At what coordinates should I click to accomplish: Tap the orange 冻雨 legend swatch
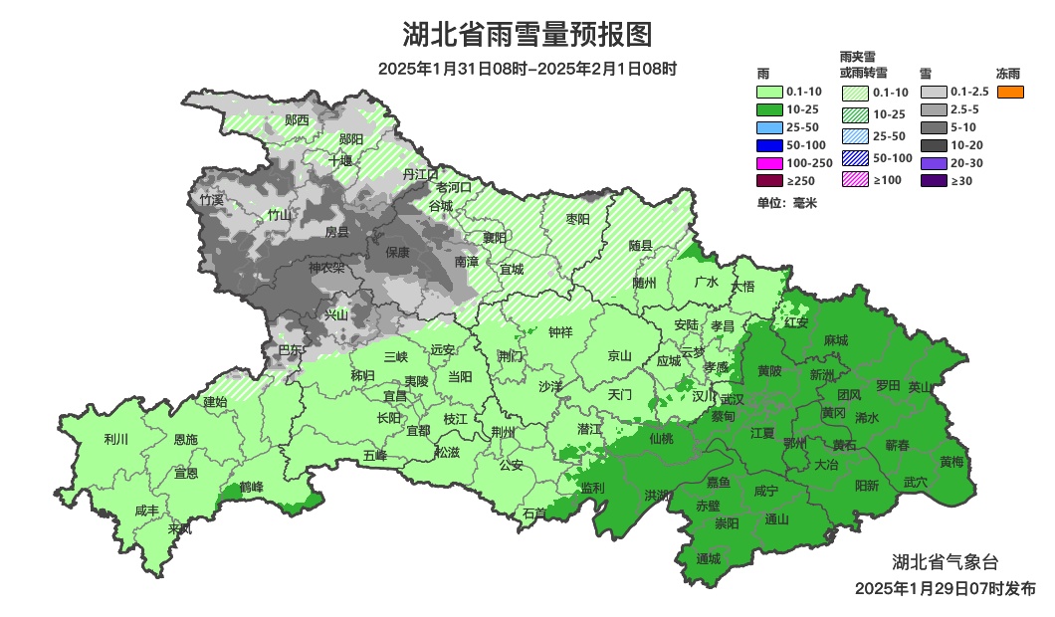click(1009, 93)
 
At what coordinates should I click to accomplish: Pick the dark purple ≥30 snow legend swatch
click(933, 180)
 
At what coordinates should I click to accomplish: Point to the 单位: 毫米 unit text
click(786, 203)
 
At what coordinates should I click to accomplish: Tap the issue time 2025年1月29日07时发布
click(945, 589)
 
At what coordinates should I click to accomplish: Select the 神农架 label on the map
click(325, 268)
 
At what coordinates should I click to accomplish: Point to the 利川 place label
click(116, 439)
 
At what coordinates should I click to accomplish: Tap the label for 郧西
click(297, 120)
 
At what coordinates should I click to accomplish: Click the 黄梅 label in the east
click(951, 462)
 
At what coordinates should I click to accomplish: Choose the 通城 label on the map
click(708, 558)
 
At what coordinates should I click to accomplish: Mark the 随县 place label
click(640, 245)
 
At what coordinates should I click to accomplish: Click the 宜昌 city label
click(395, 396)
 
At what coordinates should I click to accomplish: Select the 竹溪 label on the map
click(211, 199)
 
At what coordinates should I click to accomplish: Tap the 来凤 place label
click(180, 528)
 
